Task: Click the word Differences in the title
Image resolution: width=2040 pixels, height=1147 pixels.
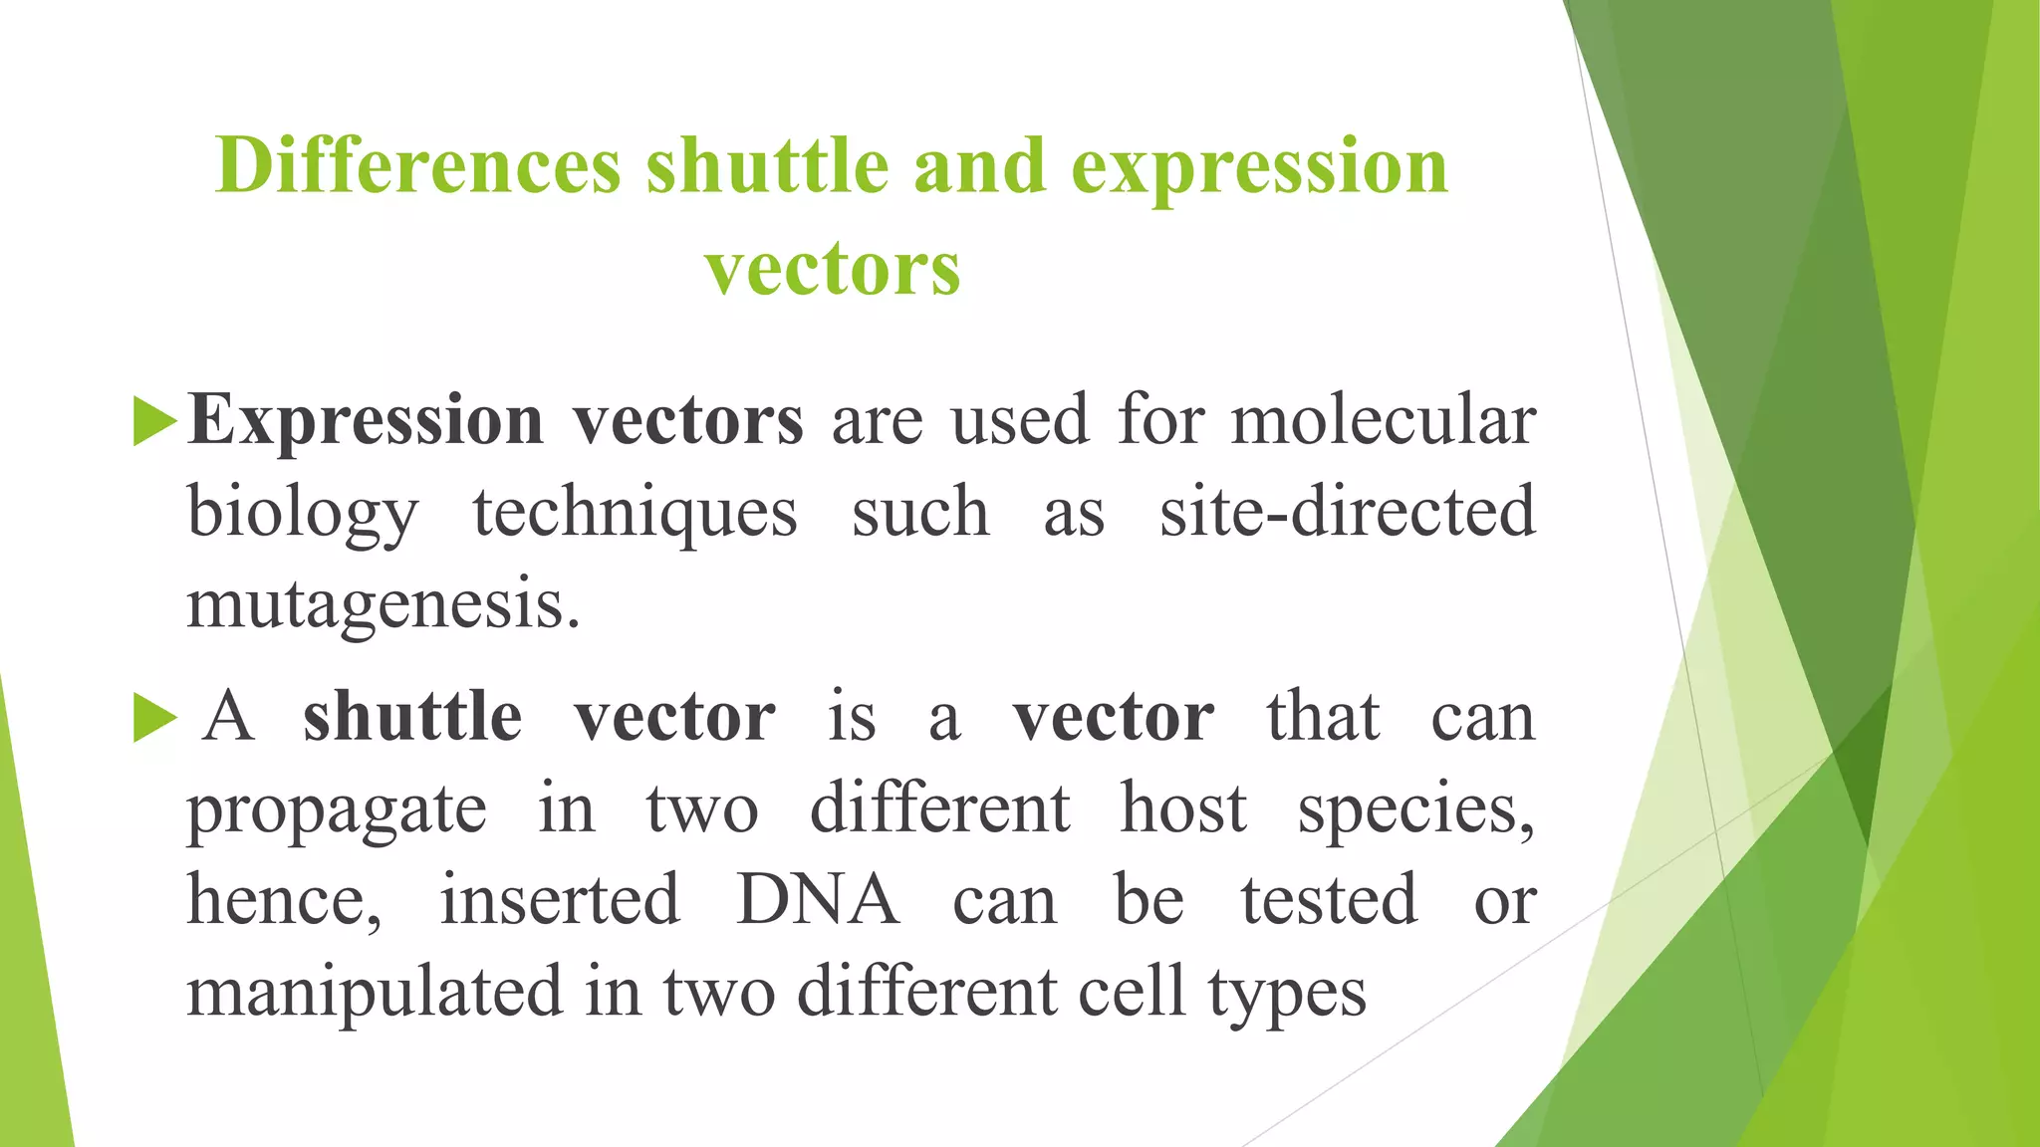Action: (418, 165)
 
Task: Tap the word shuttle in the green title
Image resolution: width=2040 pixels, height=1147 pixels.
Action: (767, 165)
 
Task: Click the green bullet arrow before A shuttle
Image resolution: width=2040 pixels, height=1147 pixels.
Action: (154, 718)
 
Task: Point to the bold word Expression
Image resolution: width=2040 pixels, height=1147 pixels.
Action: (366, 420)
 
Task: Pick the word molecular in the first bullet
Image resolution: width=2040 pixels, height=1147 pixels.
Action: (1383, 420)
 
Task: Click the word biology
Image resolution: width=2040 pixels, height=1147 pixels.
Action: (303, 513)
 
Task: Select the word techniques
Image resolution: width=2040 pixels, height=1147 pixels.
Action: (635, 513)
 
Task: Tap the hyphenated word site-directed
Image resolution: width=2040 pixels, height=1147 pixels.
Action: (1347, 513)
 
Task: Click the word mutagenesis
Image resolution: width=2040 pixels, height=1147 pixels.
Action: (382, 604)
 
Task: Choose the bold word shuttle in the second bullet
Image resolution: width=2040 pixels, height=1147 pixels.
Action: (412, 717)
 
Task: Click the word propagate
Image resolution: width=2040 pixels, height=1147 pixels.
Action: (337, 809)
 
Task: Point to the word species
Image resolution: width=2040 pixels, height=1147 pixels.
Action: (1414, 809)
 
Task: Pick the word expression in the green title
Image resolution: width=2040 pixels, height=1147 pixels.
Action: (1259, 167)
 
